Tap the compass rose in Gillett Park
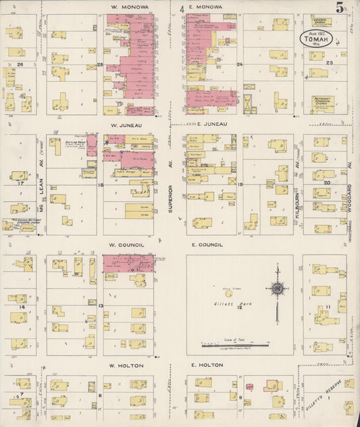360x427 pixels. pos(277,288)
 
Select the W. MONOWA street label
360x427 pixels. pos(129,7)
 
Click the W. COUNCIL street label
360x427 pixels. pos(128,245)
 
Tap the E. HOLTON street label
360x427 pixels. pos(206,365)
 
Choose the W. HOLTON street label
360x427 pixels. pos(128,365)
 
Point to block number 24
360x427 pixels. pos(239,64)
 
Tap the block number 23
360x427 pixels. pos(330,62)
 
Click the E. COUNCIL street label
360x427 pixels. pos(207,245)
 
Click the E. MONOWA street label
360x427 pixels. pos(205,7)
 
